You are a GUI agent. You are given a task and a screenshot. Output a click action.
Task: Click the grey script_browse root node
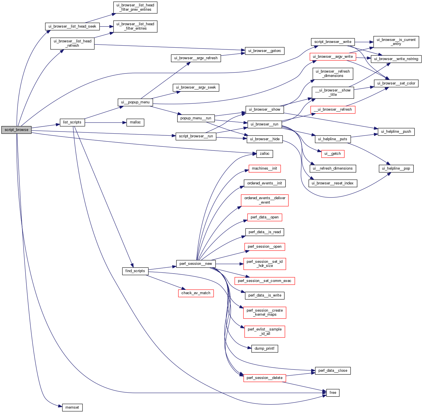click(x=16, y=130)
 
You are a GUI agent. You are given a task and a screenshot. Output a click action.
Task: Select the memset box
click(x=72, y=407)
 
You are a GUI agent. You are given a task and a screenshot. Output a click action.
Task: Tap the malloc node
click(x=135, y=122)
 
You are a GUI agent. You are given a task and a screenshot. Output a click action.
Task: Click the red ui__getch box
click(x=333, y=154)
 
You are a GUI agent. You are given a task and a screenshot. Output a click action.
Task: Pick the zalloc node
click(x=264, y=154)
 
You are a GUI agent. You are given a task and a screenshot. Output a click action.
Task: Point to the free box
click(x=333, y=393)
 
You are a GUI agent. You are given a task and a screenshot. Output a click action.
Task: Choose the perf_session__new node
click(x=196, y=264)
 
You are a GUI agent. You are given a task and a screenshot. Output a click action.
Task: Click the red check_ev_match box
click(x=196, y=293)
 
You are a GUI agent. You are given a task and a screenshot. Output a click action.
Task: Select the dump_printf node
click(x=264, y=349)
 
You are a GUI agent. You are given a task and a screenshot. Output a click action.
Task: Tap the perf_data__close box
click(x=333, y=371)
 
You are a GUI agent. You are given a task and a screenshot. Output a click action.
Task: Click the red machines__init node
click(x=264, y=168)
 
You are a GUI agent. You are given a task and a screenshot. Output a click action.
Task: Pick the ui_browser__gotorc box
click(x=264, y=51)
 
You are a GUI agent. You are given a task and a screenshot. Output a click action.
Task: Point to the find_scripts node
click(x=135, y=271)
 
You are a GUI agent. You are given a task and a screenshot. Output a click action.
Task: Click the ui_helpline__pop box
click(x=396, y=168)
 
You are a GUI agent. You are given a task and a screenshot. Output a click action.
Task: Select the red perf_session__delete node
click(x=264, y=378)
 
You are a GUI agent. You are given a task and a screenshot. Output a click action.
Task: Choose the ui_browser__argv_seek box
click(x=196, y=87)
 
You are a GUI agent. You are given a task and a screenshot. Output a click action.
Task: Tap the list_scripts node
click(x=72, y=122)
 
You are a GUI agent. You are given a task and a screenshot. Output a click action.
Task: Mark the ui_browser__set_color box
click(x=396, y=83)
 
